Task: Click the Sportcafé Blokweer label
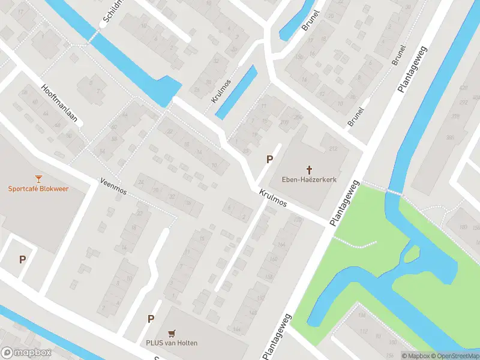[x=38, y=188]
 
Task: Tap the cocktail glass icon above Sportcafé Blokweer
[x=39, y=178]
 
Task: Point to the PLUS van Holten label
[x=172, y=343]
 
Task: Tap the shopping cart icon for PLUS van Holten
[x=172, y=333]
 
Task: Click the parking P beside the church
[x=270, y=160]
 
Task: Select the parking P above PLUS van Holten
[x=151, y=319]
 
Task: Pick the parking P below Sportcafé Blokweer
[x=22, y=260]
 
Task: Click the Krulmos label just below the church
[x=273, y=199]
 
